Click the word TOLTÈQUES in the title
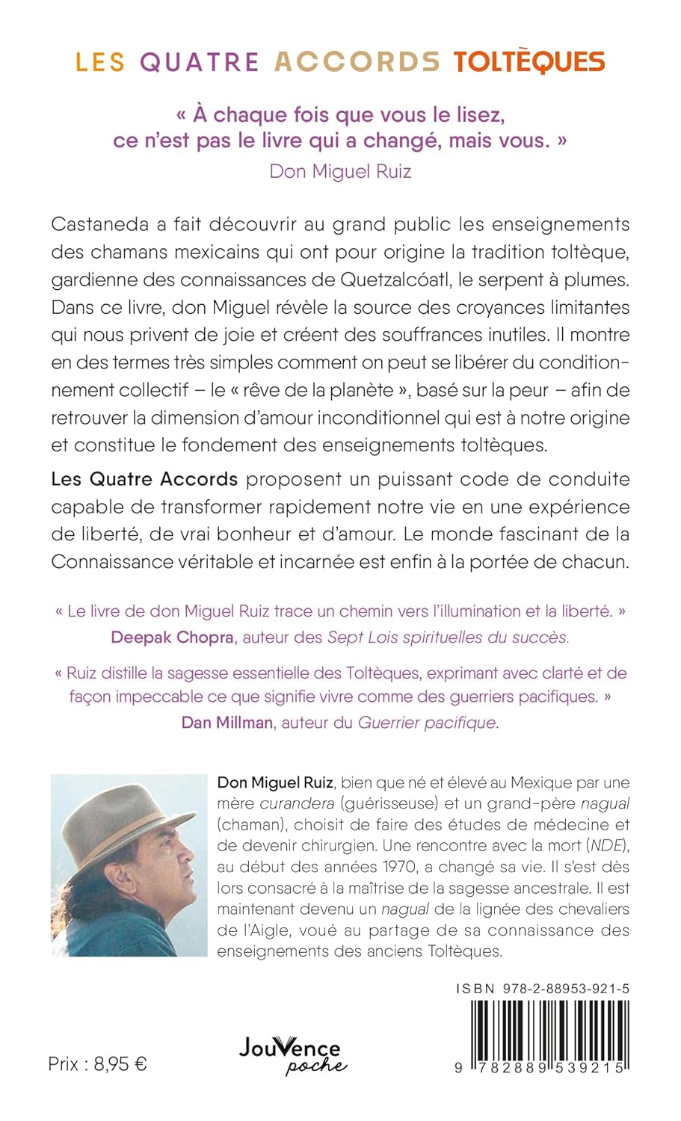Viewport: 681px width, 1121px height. (x=529, y=61)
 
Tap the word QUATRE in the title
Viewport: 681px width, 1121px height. (x=200, y=61)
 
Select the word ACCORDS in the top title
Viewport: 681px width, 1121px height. (x=357, y=61)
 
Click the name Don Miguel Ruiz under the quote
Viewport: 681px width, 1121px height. (x=340, y=171)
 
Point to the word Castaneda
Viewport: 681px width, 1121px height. (x=101, y=224)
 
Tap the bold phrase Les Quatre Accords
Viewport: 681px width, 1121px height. (x=144, y=479)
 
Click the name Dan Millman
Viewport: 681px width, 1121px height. (x=227, y=723)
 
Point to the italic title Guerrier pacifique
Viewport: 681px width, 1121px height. (x=428, y=723)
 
